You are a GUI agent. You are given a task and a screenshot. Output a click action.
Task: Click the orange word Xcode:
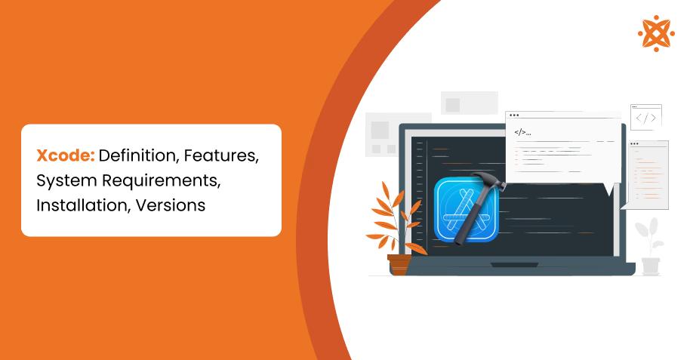click(x=66, y=156)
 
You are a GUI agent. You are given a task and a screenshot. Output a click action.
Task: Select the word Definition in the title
click(x=134, y=156)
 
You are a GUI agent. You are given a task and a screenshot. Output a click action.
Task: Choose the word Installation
click(x=82, y=205)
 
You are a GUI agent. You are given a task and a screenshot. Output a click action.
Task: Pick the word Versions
click(x=171, y=205)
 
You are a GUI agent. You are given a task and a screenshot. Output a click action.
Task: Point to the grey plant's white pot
click(x=650, y=265)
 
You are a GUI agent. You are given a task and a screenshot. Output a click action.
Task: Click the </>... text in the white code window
click(x=522, y=132)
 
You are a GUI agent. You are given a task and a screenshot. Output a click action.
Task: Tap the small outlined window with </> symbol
click(x=645, y=117)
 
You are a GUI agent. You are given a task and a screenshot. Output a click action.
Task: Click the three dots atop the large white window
click(x=514, y=115)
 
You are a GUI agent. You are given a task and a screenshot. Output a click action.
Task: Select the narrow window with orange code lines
click(x=648, y=174)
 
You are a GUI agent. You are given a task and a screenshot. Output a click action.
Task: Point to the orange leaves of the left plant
click(x=392, y=215)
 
